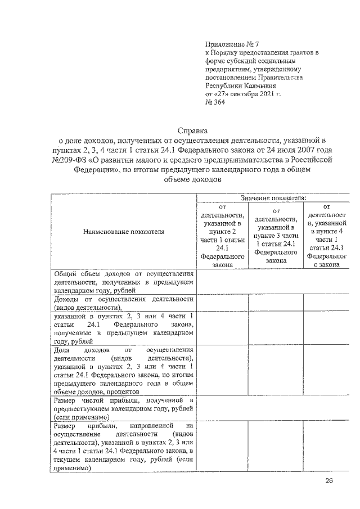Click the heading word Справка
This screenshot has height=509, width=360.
pos(193,130)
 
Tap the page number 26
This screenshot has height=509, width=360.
pos(329,481)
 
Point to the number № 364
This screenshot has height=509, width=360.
pos(215,102)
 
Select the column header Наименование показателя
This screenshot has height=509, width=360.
pos(123,231)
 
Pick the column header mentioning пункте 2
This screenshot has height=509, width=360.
pos(222,236)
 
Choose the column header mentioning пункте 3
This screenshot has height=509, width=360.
pos(276,236)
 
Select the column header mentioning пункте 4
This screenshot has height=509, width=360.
pos(327,236)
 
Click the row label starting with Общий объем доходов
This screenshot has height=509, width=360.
pos(123,282)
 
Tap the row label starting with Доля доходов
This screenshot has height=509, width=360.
pos(123,371)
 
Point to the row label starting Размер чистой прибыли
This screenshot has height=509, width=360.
pos(123,409)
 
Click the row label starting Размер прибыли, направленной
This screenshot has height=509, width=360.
pos(123,450)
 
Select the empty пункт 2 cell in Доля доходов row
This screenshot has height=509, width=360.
pos(222,371)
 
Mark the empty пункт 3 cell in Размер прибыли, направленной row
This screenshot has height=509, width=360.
pos(276,450)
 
